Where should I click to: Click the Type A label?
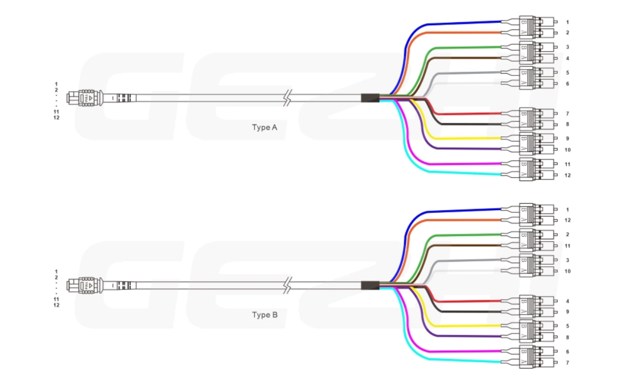click(265, 128)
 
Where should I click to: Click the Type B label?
click(265, 315)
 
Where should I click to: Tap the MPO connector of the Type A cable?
click(85, 99)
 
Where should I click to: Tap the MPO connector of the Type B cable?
click(85, 286)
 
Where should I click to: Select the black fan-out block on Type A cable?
click(370, 98)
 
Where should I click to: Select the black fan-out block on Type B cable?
click(370, 285)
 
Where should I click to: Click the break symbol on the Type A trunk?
click(289, 99)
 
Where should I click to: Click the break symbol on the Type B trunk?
click(289, 286)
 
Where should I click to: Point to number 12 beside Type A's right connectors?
click(567, 175)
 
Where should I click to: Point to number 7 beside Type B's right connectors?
click(567, 363)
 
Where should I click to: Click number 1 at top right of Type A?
click(567, 23)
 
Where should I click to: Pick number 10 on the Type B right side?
click(567, 271)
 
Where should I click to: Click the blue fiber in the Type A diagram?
click(463, 23)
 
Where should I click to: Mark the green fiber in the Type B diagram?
click(463, 235)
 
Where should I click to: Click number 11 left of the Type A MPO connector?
click(57, 112)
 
